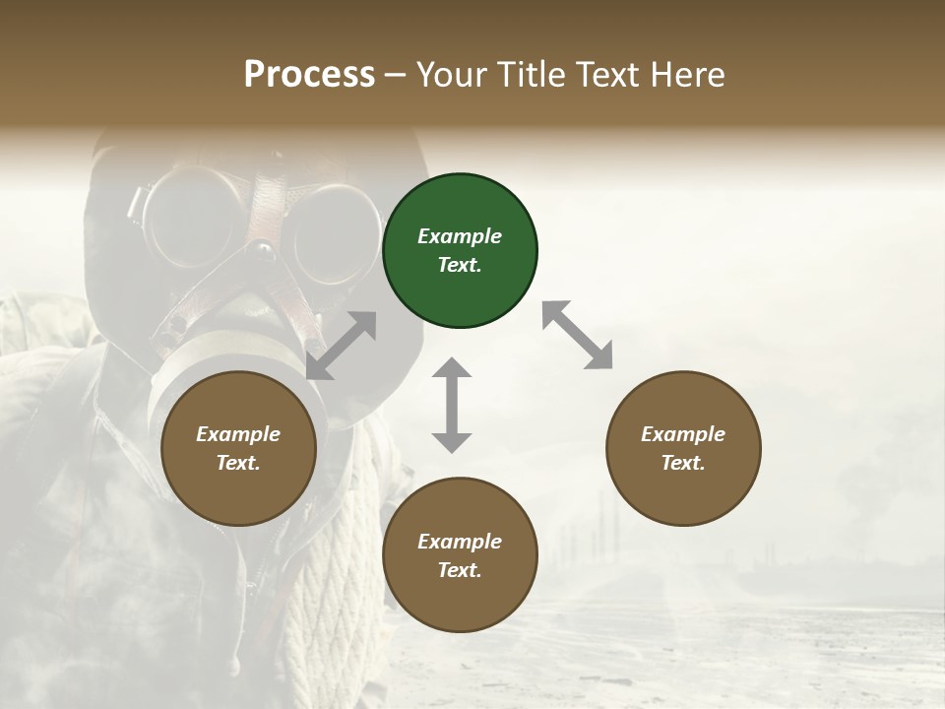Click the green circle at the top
click(x=460, y=251)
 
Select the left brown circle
click(x=238, y=448)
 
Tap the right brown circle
click(x=682, y=448)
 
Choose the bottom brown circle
click(x=460, y=555)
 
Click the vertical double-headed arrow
click(x=452, y=405)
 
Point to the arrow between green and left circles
click(x=342, y=346)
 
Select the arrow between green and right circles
click(x=577, y=335)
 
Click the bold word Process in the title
click(x=309, y=74)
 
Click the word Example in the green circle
click(x=460, y=236)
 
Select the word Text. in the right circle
click(x=682, y=463)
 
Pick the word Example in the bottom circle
click(x=460, y=542)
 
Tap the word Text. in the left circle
click(x=238, y=463)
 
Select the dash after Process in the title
click(x=396, y=75)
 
